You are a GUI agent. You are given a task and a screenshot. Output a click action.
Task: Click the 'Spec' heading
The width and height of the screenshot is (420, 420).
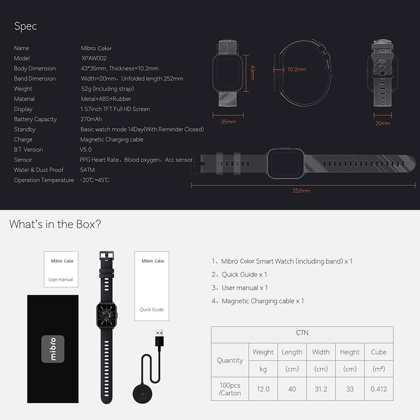tap(26, 26)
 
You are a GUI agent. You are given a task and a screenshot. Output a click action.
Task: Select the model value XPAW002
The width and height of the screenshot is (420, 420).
tap(94, 58)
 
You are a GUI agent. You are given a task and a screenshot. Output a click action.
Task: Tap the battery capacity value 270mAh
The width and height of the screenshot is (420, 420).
tap(91, 119)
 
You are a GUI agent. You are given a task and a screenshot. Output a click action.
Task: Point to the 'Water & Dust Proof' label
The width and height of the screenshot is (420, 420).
tap(39, 170)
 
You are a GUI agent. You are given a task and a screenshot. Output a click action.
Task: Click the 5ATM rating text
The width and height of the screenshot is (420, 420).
tap(87, 170)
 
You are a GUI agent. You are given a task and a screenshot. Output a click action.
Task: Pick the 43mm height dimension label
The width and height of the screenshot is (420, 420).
tap(252, 73)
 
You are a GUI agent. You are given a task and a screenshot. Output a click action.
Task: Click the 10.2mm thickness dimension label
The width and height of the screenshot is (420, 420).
tap(297, 69)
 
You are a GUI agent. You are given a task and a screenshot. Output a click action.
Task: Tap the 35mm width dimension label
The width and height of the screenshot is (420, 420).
tap(228, 122)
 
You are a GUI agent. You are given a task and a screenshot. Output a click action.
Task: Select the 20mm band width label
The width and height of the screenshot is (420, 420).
tap(383, 123)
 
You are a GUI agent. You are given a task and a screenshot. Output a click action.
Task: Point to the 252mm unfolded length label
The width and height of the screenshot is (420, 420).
tap(301, 191)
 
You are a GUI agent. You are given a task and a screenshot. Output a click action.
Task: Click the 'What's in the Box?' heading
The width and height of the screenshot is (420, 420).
tap(55, 224)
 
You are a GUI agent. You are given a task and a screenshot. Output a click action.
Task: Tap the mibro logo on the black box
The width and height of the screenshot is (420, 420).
tap(53, 349)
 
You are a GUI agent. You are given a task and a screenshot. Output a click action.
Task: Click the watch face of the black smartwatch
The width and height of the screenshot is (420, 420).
tap(107, 315)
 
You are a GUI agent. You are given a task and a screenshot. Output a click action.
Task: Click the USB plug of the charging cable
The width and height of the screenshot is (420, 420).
tap(159, 338)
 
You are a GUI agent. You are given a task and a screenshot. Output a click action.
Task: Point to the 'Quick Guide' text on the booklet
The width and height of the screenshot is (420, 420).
tap(152, 310)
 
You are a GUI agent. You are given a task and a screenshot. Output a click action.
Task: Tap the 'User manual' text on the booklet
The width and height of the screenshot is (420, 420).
tap(61, 279)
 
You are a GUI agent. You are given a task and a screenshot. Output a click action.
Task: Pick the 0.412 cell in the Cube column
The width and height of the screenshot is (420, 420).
tap(379, 389)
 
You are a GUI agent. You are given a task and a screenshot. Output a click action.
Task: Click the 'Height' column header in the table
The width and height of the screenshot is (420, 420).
tap(350, 352)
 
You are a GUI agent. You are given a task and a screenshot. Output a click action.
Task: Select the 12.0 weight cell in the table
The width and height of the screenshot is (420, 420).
tap(263, 389)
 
